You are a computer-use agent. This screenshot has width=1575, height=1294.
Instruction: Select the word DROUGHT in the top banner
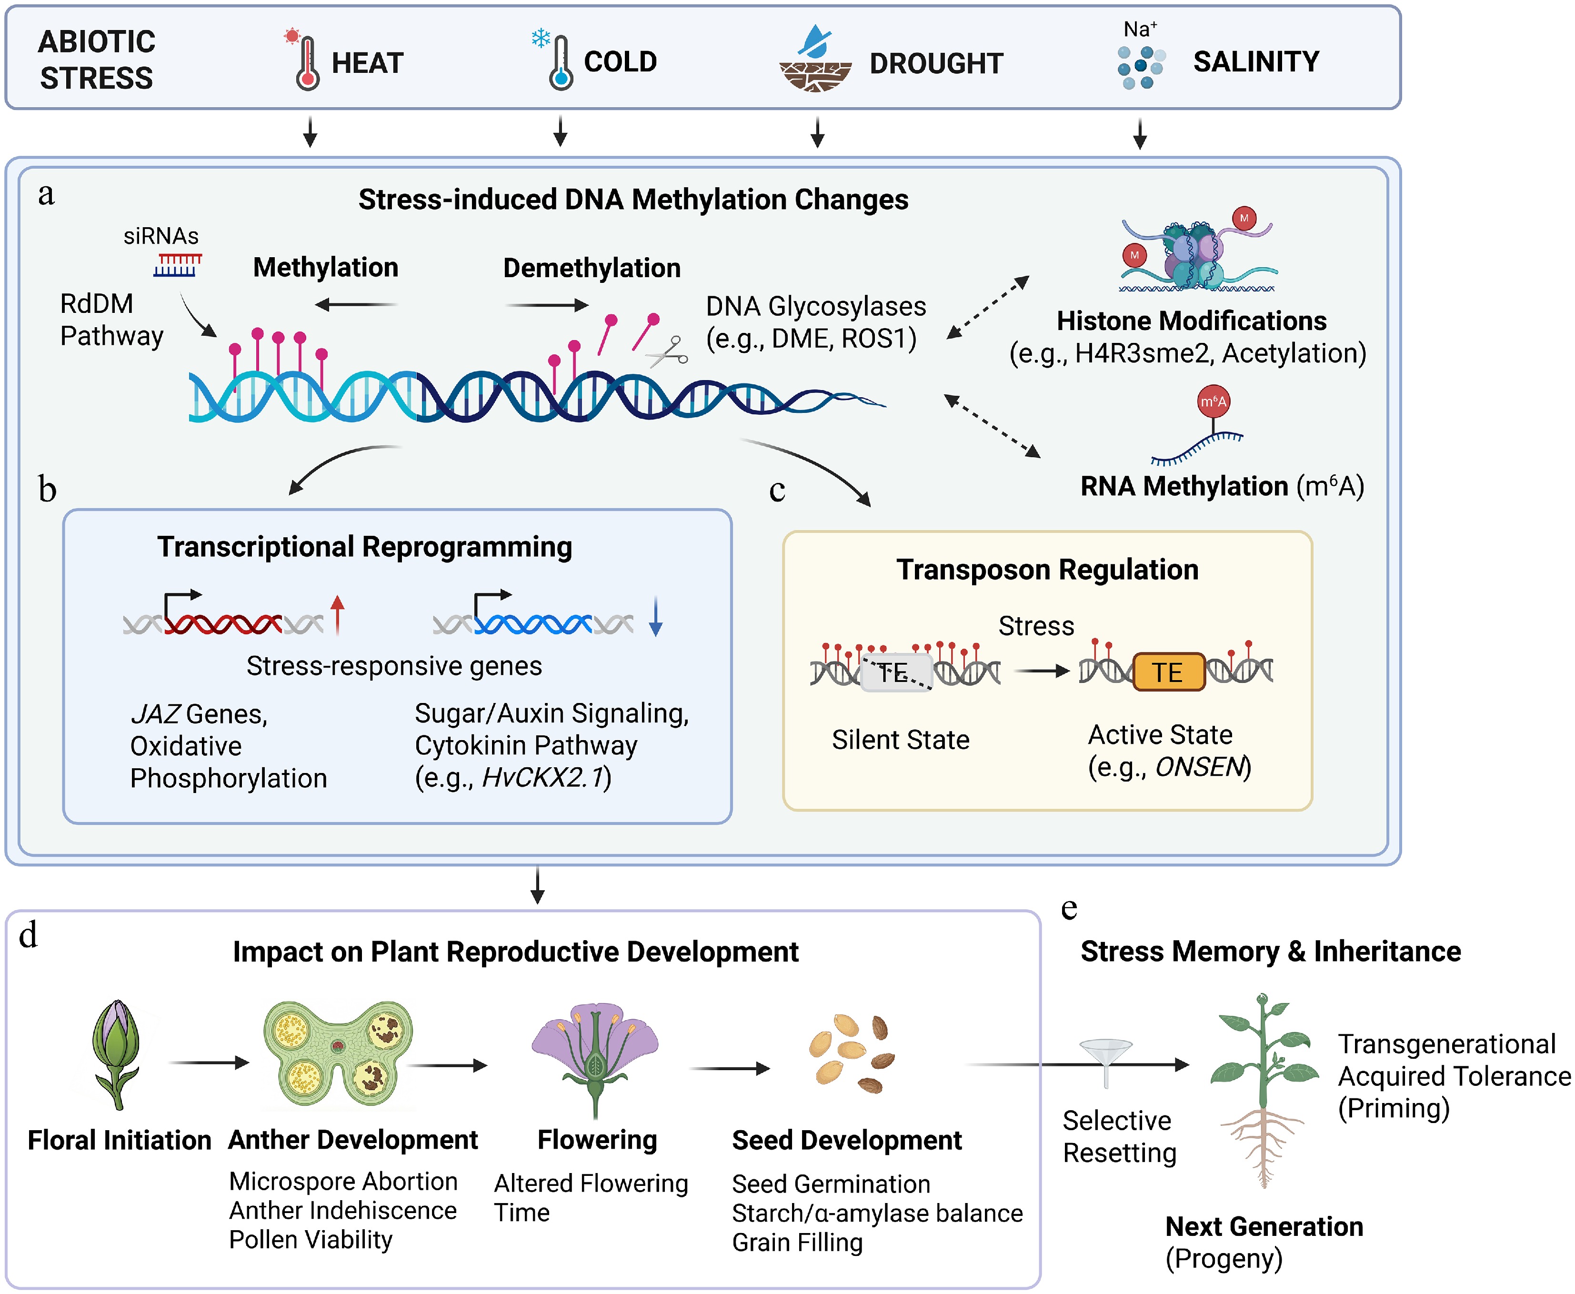tap(936, 63)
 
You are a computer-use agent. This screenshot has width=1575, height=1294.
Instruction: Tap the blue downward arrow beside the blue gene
tap(656, 616)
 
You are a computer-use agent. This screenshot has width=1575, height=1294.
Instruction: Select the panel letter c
tap(777, 491)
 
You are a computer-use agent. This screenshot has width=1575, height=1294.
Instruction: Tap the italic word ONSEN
tap(1200, 767)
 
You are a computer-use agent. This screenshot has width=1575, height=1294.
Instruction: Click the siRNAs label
tap(161, 236)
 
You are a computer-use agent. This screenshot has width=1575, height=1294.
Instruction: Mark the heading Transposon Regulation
tap(1047, 570)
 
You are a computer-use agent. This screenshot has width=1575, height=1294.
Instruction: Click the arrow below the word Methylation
tap(355, 304)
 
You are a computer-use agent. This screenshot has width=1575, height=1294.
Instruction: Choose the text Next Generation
tap(1264, 1226)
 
